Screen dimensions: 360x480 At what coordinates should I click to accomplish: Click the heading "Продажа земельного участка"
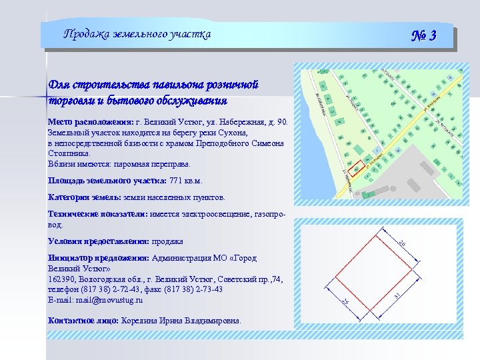tap(137, 35)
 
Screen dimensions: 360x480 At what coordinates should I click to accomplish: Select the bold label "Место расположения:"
tap(90, 123)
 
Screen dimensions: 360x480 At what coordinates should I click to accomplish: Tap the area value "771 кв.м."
tap(186, 181)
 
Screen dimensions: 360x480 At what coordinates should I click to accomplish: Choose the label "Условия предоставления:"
tap(99, 241)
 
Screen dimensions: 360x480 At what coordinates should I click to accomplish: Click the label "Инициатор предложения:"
tap(99, 258)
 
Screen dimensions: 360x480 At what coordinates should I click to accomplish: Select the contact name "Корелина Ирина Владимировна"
tap(181, 321)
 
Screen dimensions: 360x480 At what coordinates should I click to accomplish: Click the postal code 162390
tap(61, 279)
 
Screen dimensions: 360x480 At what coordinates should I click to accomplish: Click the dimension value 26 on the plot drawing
tap(401, 244)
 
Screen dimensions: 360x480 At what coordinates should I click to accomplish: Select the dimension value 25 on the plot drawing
tap(345, 303)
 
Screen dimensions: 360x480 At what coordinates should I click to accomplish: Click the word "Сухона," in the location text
tap(231, 133)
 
